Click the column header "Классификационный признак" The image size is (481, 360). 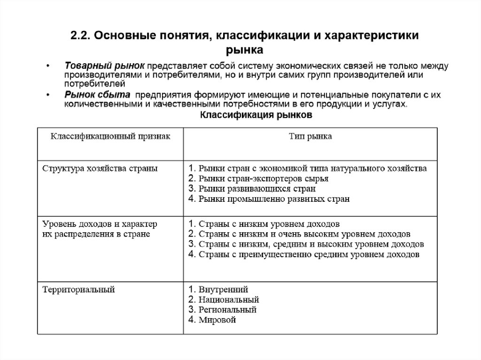coord(110,137)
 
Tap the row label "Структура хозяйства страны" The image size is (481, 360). coord(100,168)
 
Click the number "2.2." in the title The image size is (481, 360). coord(81,36)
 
